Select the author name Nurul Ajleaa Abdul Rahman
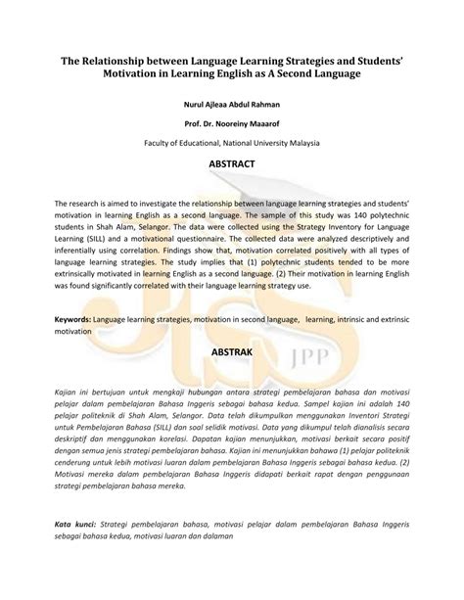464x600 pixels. point(231,104)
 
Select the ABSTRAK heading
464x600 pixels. point(231,350)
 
